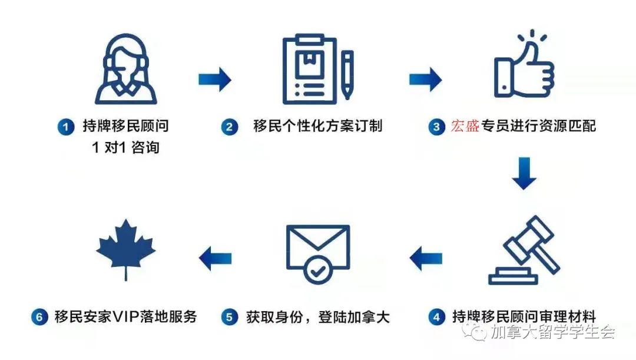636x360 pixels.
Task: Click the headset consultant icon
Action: point(126,69)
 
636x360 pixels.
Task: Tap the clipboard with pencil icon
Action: point(317,70)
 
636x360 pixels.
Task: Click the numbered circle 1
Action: point(66,127)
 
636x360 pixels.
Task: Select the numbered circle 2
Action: point(230,127)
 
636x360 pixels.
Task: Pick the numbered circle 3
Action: point(436,127)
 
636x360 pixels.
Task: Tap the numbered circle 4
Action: point(436,317)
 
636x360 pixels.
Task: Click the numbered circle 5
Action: point(230,317)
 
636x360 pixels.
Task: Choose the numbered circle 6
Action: point(39,317)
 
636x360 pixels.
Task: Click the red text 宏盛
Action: point(465,126)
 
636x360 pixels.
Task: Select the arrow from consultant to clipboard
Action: point(215,79)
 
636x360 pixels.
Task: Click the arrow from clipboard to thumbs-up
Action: point(426,79)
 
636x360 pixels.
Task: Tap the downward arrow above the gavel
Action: point(524,173)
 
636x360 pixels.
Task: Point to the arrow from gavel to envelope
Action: point(426,258)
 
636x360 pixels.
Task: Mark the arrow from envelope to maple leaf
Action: point(215,258)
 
